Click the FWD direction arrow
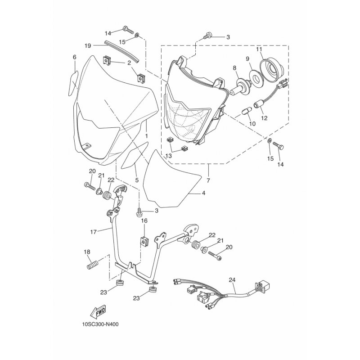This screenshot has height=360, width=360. point(98,312)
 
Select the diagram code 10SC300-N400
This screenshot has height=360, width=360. point(100,324)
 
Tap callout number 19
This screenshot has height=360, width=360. point(88,46)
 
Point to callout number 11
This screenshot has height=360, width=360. point(259,49)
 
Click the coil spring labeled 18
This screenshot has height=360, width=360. point(93,264)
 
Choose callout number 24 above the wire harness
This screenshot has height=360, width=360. point(232,280)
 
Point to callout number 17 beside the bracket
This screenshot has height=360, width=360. point(94,232)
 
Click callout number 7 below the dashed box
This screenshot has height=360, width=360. point(208,181)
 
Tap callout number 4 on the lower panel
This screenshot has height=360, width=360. point(203,193)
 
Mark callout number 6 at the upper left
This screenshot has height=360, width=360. point(75,57)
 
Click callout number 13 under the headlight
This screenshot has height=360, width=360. point(168,156)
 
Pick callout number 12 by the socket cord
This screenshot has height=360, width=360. point(264,118)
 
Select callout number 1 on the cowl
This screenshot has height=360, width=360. point(147,136)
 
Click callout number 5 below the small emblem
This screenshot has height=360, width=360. point(137,180)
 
